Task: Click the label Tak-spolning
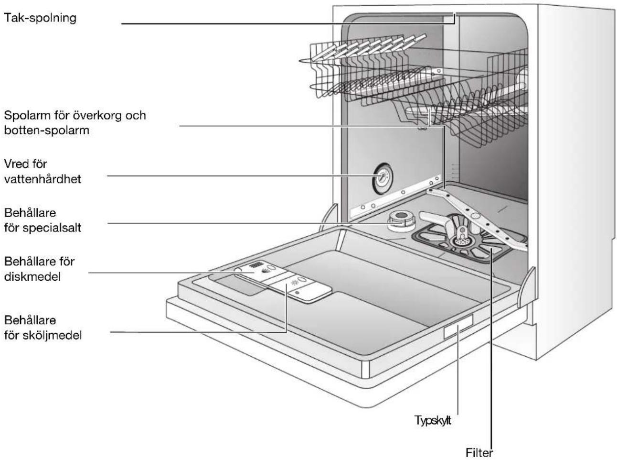point(40,18)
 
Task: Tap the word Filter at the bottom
point(479,453)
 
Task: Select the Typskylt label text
point(433,420)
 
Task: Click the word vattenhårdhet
point(43,179)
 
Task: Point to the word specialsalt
point(52,228)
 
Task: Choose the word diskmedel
point(32,277)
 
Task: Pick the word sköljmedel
point(52,336)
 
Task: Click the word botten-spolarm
point(46,131)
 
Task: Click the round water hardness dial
point(382,178)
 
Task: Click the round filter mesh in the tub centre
point(459,241)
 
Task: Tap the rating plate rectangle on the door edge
point(458,326)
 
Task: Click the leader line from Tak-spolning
point(288,23)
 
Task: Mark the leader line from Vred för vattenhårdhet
point(242,176)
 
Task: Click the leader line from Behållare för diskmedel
point(171,273)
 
